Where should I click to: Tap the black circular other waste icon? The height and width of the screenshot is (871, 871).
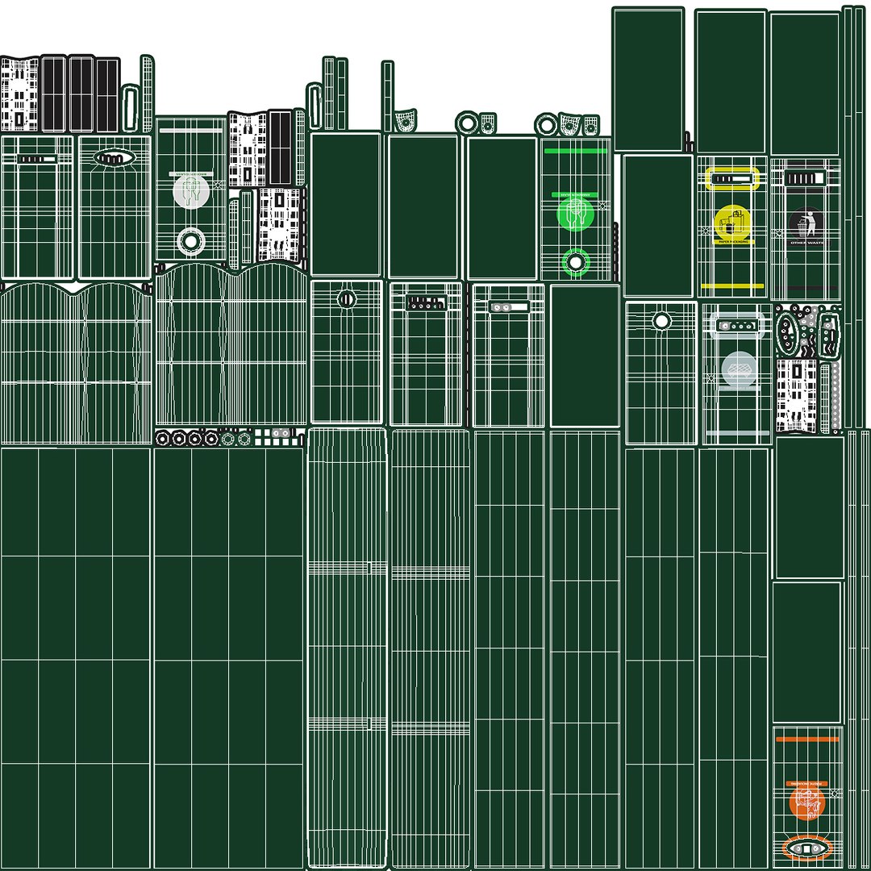pyautogui.click(x=806, y=223)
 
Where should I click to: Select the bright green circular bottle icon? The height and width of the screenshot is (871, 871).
pyautogui.click(x=576, y=213)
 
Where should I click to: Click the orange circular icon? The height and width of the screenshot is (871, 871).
pyautogui.click(x=806, y=802)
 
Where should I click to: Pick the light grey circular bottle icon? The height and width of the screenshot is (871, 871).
pyautogui.click(x=191, y=191)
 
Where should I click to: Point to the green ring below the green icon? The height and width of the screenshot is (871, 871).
pyautogui.click(x=576, y=261)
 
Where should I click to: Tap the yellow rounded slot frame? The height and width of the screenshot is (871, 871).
pyautogui.click(x=732, y=178)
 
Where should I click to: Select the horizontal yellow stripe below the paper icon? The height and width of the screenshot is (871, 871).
pyautogui.click(x=732, y=285)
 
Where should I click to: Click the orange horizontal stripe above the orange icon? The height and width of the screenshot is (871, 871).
pyautogui.click(x=807, y=738)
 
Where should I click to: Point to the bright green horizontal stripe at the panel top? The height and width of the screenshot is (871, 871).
pyautogui.click(x=575, y=150)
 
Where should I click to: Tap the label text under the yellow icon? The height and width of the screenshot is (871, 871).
pyautogui.click(x=733, y=241)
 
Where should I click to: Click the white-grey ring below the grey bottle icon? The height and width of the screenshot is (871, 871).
pyautogui.click(x=191, y=240)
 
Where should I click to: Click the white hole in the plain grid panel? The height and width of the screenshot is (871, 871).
pyautogui.click(x=661, y=321)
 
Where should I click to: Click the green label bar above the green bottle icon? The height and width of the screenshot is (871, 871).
pyautogui.click(x=575, y=195)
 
